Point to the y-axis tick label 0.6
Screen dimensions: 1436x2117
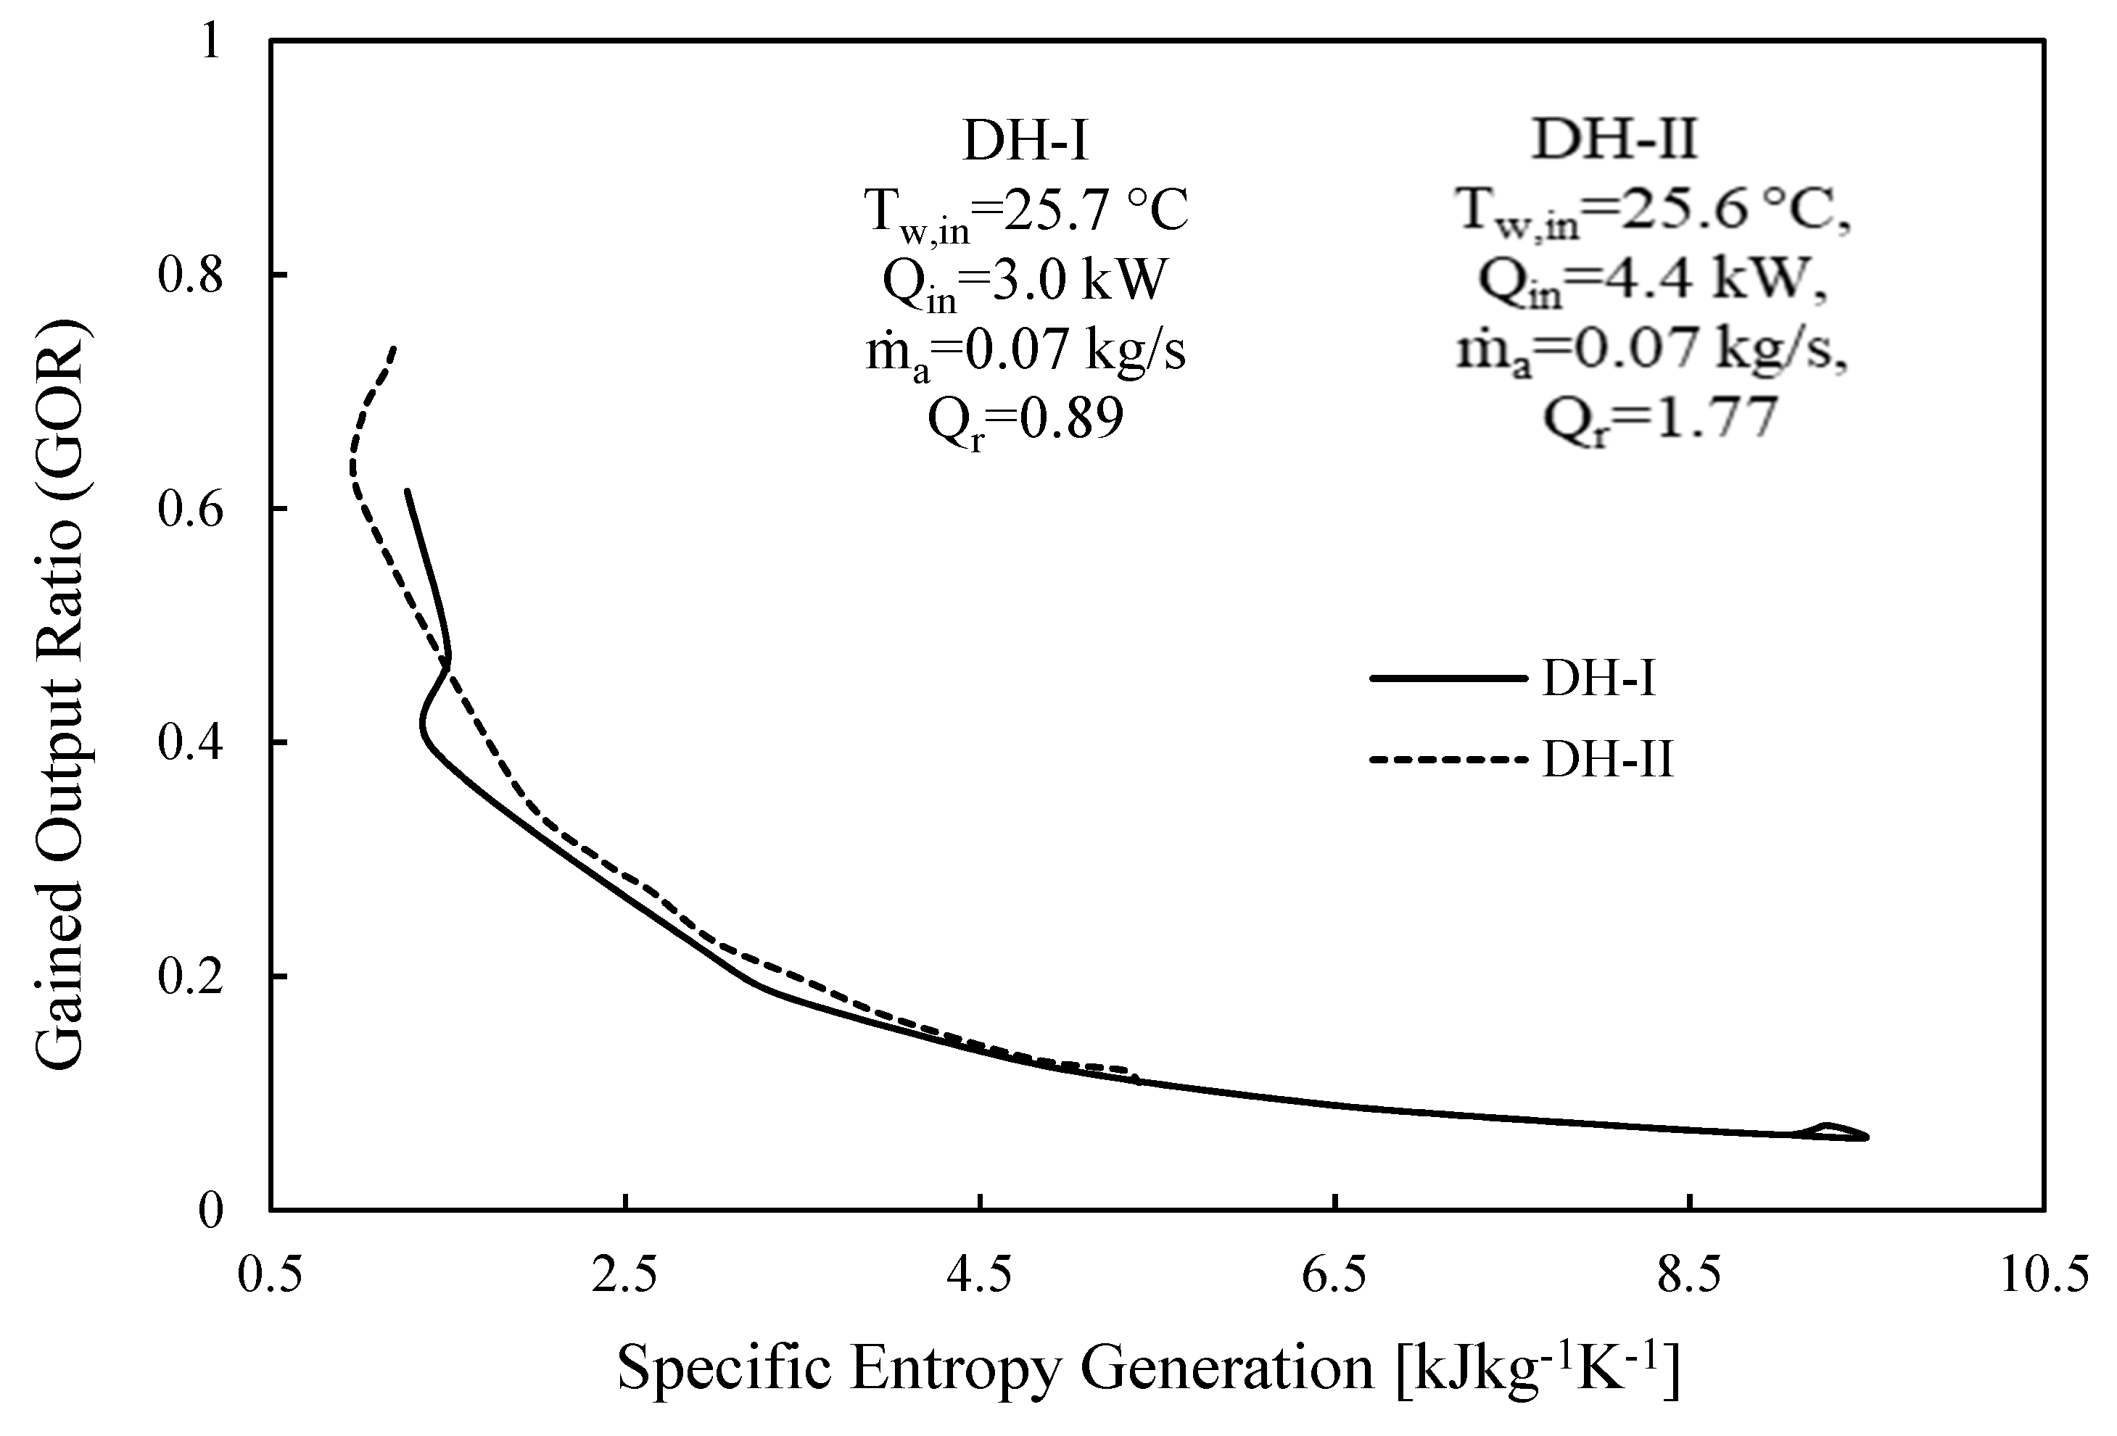pyautogui.click(x=189, y=510)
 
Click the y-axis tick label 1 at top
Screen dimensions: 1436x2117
pyautogui.click(x=211, y=42)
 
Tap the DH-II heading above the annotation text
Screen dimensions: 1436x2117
pyautogui.click(x=1614, y=142)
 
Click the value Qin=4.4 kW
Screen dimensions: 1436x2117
pyautogui.click(x=1652, y=281)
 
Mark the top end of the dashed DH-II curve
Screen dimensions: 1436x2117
pyautogui.click(x=394, y=348)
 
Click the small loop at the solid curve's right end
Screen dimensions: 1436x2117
pyautogui.click(x=1831, y=1132)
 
